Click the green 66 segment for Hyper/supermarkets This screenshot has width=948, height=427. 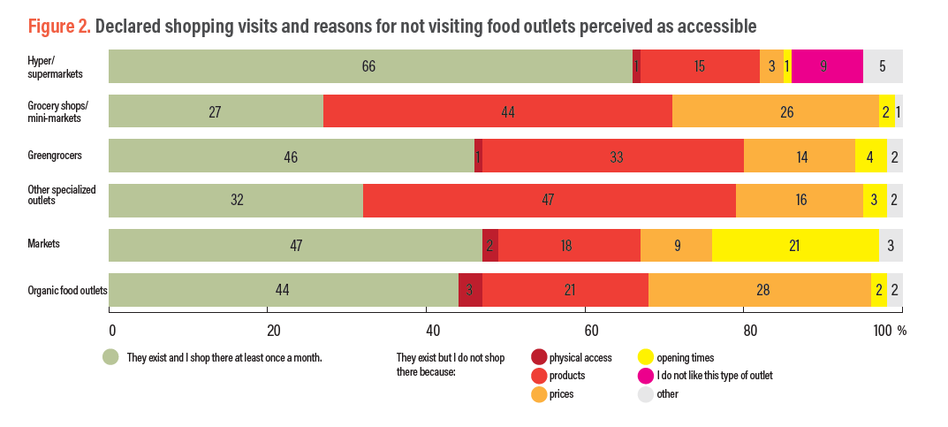pos(370,66)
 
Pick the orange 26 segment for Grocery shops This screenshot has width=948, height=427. pos(776,112)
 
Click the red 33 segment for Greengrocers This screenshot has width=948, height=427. pos(613,156)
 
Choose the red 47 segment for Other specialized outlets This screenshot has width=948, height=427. pos(549,200)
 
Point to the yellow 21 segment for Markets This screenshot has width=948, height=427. pos(795,245)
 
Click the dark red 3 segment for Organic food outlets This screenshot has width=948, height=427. pos(470,290)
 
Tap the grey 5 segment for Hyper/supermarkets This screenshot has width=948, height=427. pos(882,66)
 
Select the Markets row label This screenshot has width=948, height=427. pos(43,242)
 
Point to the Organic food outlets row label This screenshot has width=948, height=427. pos(67,290)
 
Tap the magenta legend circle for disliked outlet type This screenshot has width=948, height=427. pos(647,376)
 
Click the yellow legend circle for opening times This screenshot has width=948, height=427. pos(647,357)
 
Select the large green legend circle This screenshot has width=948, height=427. pos(111,357)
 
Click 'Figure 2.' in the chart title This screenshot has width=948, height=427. pos(59,27)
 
